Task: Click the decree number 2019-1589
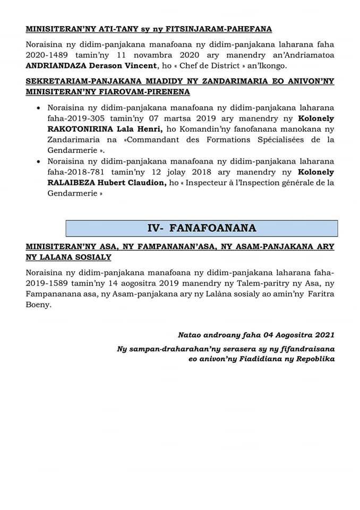pos(46,283)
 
